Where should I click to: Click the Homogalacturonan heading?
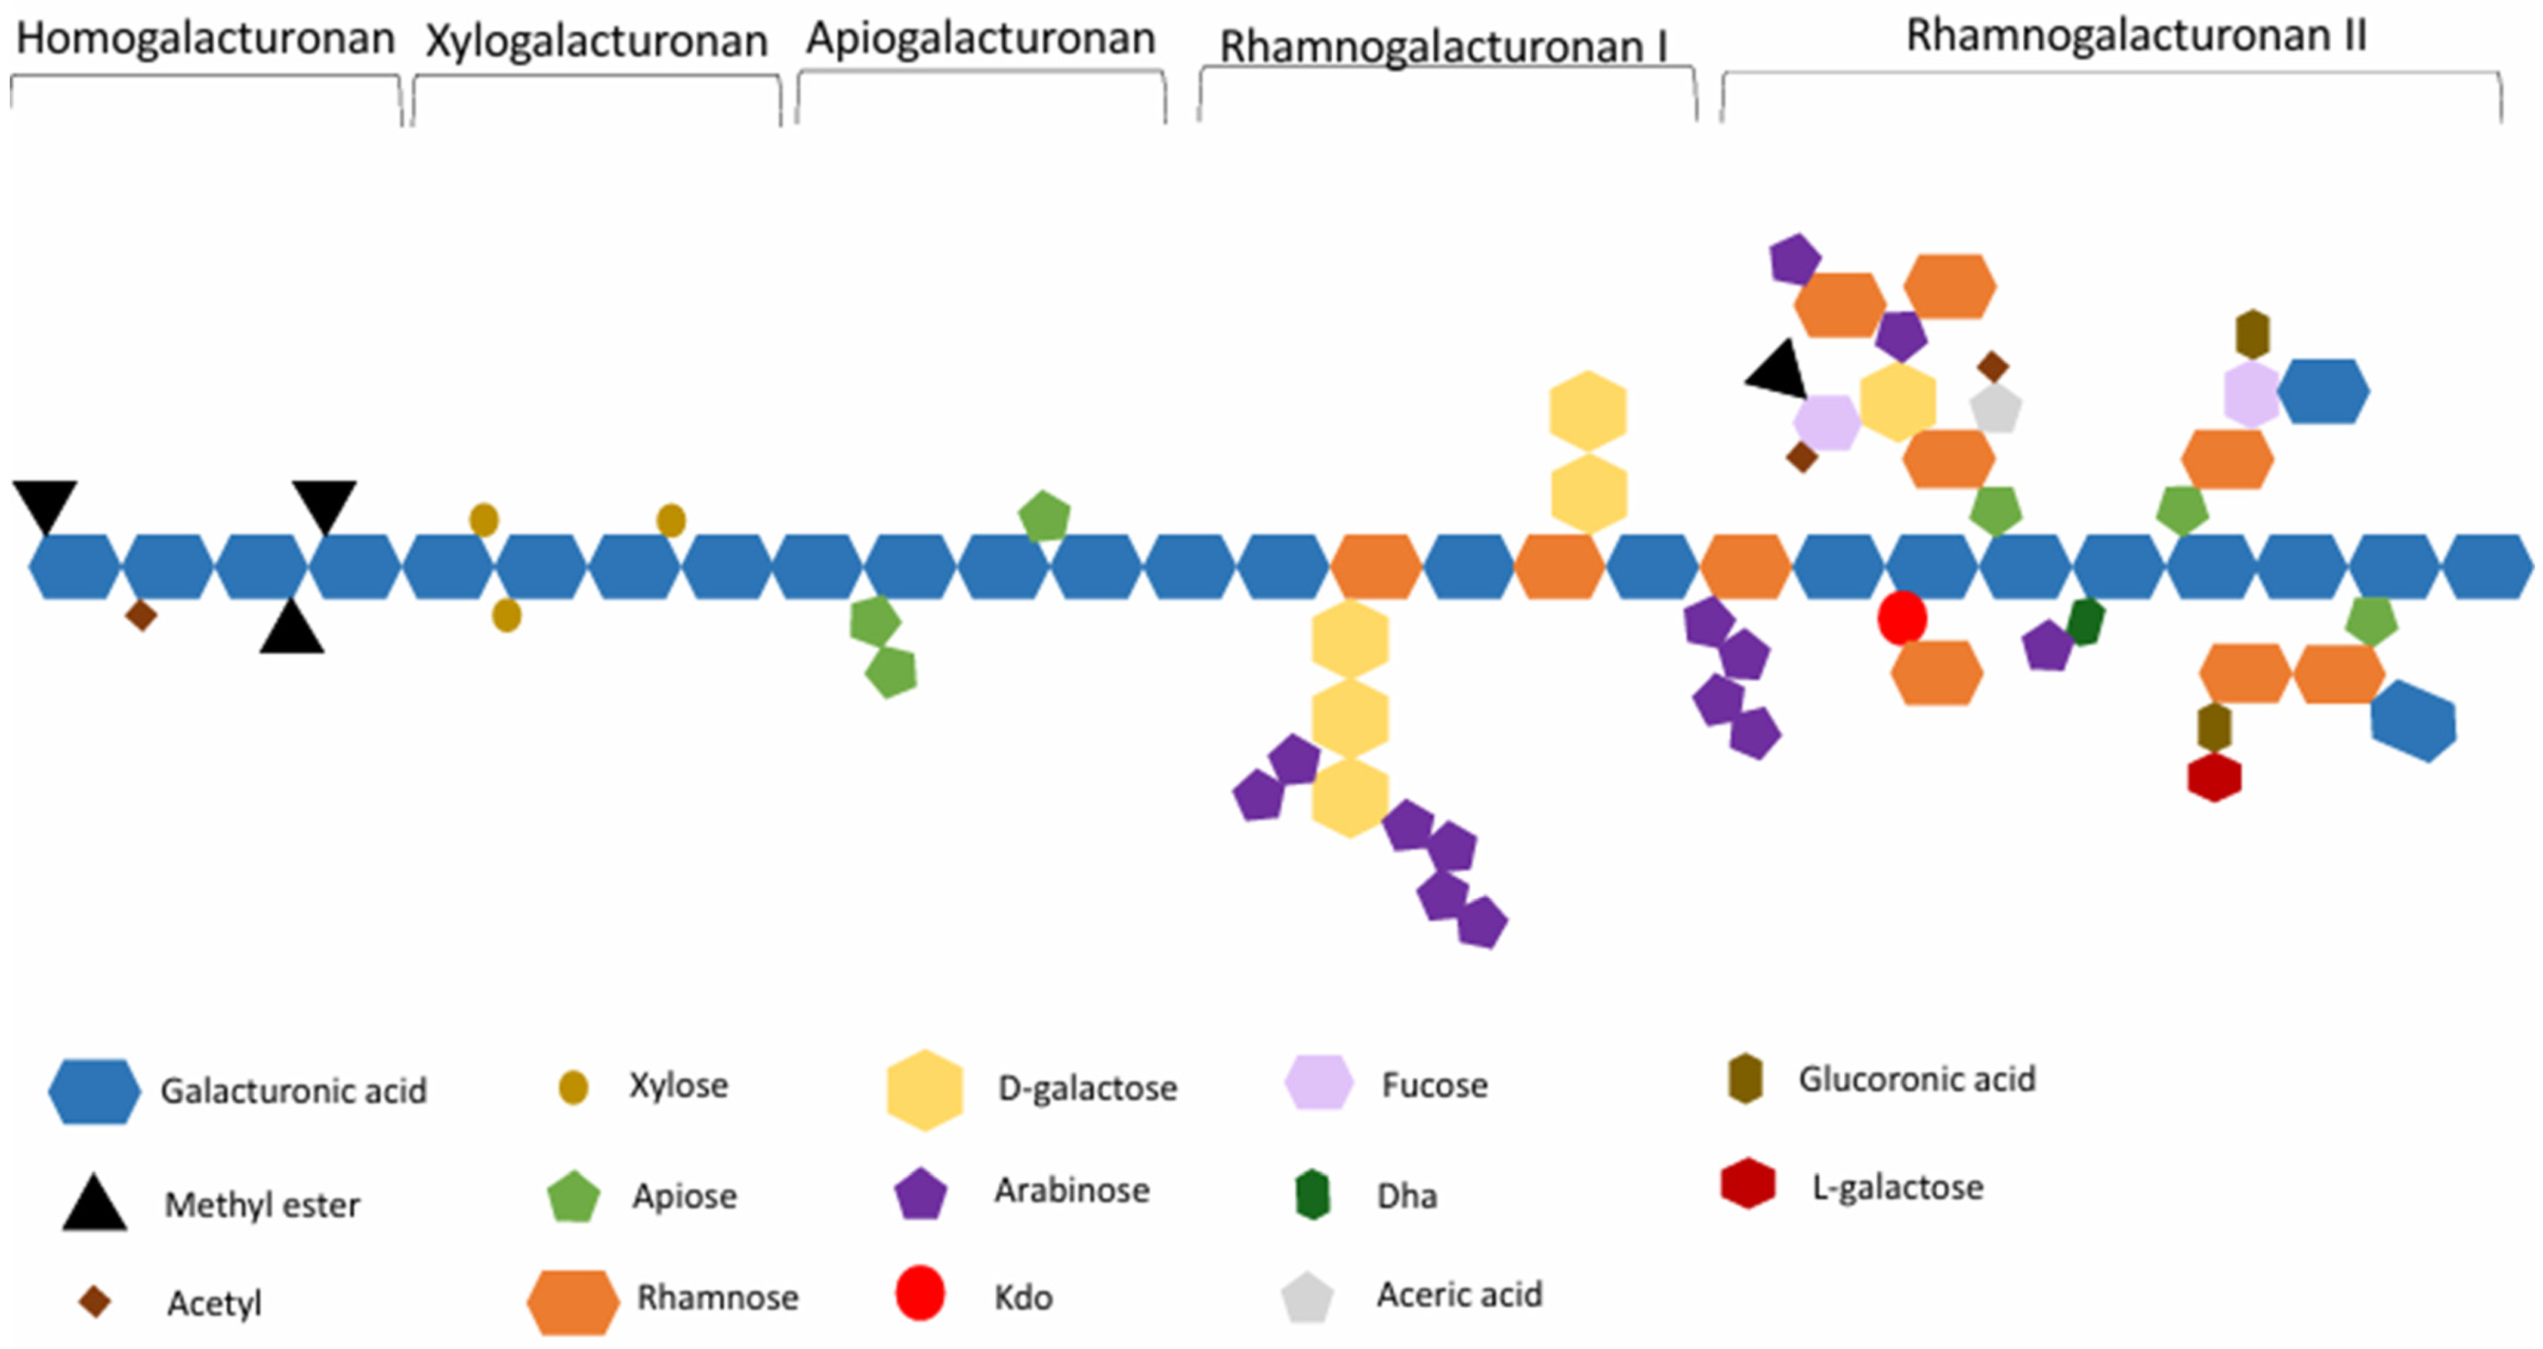(205, 39)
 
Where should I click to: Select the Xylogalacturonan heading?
(596, 41)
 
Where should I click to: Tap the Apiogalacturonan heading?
(980, 39)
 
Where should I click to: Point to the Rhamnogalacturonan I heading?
(1443, 47)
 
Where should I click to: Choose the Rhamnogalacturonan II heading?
(2136, 36)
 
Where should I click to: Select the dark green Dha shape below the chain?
(2086, 621)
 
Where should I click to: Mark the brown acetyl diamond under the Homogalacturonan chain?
(141, 616)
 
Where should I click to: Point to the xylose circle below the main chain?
(507, 616)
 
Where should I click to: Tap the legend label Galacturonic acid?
(293, 1090)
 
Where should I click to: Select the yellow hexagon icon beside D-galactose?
(925, 1090)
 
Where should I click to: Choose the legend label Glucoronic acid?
(1916, 1079)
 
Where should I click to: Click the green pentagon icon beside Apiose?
(573, 1197)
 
